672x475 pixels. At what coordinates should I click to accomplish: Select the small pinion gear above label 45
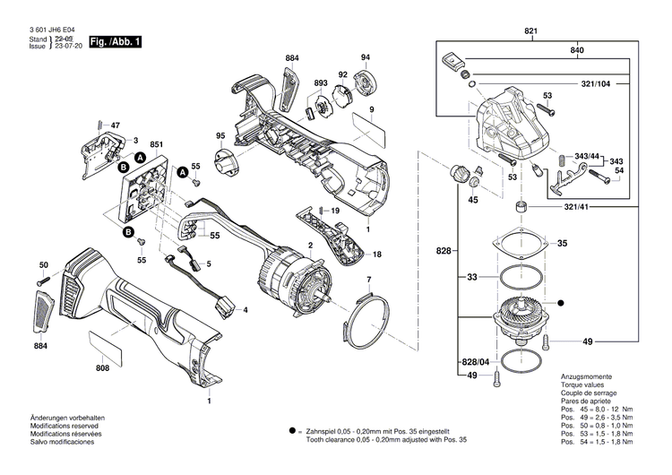click(x=459, y=174)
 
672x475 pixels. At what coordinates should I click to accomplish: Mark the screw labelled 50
click(x=48, y=281)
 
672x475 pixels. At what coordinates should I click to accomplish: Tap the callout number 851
click(x=156, y=144)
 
